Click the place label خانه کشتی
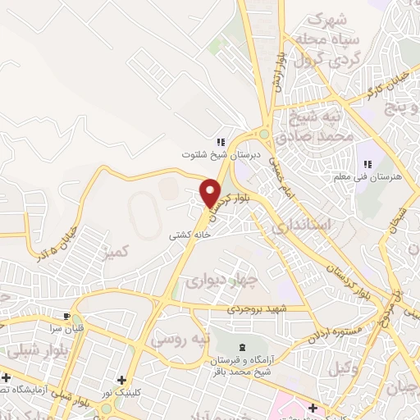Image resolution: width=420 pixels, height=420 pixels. coord(190,235)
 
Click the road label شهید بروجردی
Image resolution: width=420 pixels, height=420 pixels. coord(258,309)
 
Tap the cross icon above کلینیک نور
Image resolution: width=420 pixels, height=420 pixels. coord(121,381)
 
